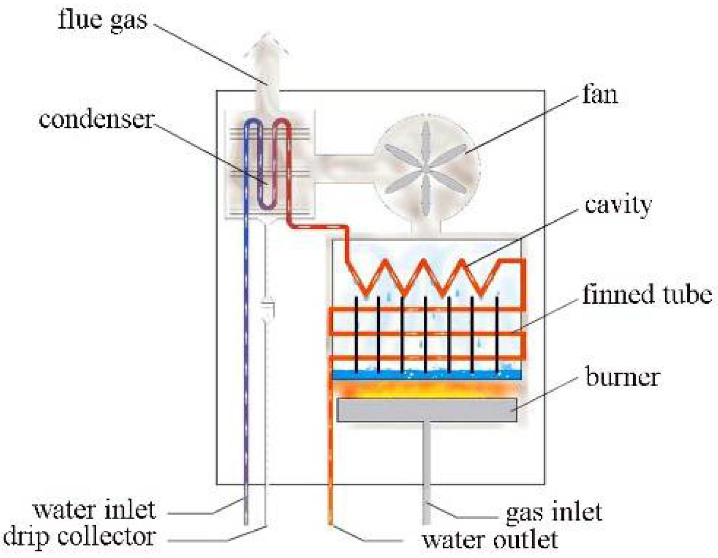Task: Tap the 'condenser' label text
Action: [96, 120]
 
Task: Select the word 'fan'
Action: [600, 95]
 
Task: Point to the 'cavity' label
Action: [618, 205]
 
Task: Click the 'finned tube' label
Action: [647, 294]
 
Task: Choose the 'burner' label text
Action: [622, 377]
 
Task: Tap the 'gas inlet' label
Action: [554, 512]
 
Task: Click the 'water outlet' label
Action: [490, 540]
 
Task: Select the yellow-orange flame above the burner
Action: [426, 389]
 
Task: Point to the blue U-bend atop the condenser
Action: [252, 124]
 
